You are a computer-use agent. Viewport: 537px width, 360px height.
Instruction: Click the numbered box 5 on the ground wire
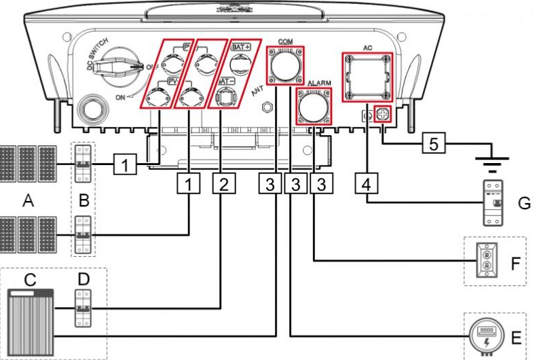[x=434, y=143]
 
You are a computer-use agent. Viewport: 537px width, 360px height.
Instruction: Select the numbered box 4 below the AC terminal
[x=367, y=184]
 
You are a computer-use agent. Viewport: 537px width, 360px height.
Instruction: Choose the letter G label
[x=524, y=202]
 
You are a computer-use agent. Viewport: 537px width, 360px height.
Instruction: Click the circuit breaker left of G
[x=494, y=202]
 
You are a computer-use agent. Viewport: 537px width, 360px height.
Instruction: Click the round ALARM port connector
[x=314, y=106]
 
